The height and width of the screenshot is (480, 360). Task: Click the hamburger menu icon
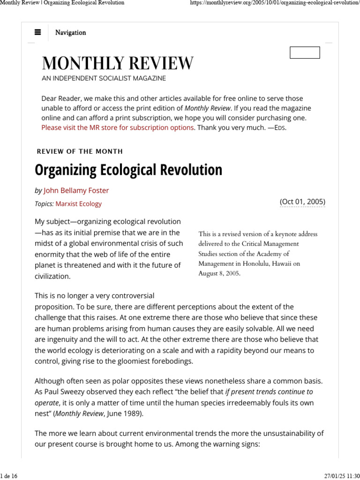38,32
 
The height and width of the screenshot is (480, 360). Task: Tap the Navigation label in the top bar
70,32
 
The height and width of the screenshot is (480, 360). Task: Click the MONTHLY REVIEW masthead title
117,63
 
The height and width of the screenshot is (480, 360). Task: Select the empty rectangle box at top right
305,52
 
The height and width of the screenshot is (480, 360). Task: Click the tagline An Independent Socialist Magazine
104,78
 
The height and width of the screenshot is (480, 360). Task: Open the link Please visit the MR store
117,127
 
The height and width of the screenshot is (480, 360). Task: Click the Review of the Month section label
80,151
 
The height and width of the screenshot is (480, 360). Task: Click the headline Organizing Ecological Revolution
128,170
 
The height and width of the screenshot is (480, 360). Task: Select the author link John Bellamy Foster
76,190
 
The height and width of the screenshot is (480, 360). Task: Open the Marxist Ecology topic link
78,204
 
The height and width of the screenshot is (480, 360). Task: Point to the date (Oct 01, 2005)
302,202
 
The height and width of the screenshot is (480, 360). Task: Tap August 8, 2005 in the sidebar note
219,273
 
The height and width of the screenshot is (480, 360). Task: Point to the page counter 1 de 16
9,476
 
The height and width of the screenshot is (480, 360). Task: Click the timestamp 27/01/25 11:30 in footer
342,476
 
